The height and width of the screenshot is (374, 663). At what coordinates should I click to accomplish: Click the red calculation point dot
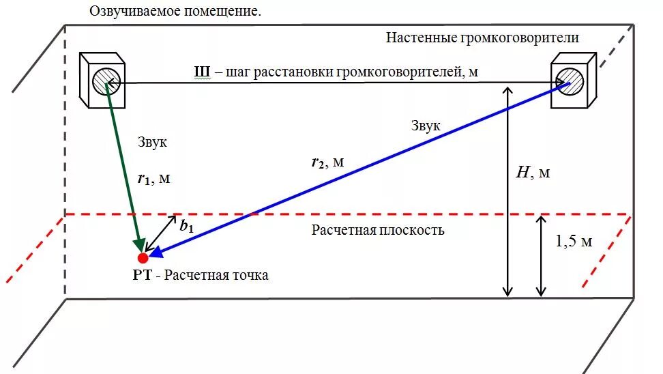coord(143,258)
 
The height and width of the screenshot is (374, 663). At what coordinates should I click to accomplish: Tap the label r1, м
coord(153,179)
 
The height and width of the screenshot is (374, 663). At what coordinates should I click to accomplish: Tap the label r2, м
coord(327,162)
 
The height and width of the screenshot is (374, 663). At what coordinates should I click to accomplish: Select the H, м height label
coord(532,173)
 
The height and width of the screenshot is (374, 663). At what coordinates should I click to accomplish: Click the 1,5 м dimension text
coord(573,242)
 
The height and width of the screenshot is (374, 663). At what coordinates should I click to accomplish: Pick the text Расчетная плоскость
coord(378,230)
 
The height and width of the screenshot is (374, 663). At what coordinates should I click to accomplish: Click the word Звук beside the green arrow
coord(152,143)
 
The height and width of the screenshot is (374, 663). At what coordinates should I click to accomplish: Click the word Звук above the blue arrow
coord(426,126)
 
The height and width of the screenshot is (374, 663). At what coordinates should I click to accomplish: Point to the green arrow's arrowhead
coord(142,246)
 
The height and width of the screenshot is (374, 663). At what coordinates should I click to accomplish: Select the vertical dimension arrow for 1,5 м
coord(541,256)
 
